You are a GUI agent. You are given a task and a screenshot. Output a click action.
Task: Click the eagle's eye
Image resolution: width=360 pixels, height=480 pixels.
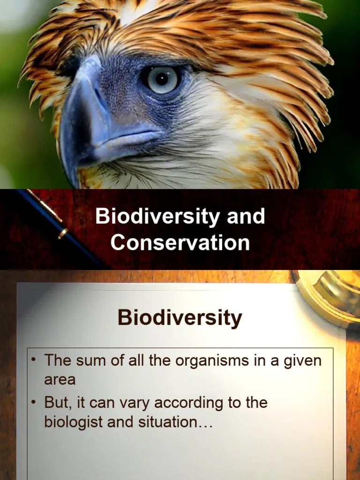click(162, 79)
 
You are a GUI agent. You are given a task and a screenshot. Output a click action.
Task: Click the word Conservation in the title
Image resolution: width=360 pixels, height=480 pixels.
click(180, 243)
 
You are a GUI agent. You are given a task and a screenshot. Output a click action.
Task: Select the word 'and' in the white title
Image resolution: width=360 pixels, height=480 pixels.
click(246, 217)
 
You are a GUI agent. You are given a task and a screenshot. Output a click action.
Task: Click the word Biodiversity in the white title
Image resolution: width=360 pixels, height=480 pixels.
click(157, 217)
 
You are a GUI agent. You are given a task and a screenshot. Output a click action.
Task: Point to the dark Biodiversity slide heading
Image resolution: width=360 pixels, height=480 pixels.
click(180, 317)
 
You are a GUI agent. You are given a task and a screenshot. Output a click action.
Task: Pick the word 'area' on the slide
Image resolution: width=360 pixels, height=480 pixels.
click(60, 379)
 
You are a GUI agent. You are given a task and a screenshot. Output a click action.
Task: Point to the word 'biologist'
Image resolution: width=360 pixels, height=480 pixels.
click(74, 422)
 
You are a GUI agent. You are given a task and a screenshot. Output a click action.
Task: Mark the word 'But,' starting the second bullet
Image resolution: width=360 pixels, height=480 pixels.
click(58, 403)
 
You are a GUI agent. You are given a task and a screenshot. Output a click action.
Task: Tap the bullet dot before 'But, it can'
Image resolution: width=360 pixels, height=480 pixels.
click(34, 402)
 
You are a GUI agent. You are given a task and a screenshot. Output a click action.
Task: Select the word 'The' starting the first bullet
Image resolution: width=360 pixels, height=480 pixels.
click(57, 361)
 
